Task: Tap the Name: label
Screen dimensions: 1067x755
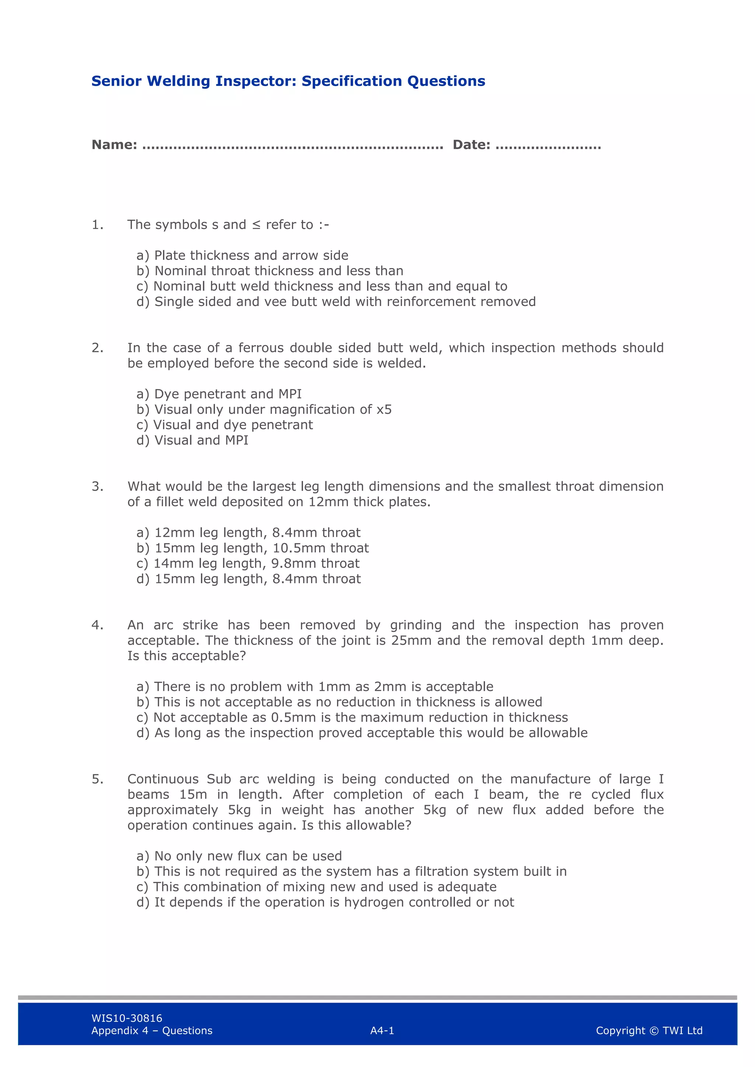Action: tap(114, 145)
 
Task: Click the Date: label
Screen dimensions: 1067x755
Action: tap(471, 145)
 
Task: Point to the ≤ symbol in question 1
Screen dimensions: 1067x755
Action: tap(256, 225)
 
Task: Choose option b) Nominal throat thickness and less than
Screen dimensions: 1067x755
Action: tap(270, 271)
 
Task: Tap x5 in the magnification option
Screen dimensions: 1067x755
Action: tap(384, 410)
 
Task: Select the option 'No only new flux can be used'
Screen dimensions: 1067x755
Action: tap(239, 856)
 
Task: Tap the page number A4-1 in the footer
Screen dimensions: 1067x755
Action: tap(382, 1031)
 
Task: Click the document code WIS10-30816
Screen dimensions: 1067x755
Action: tap(126, 1018)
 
